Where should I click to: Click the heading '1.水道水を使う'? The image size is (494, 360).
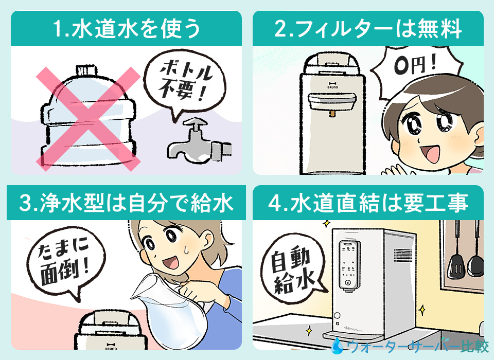(x=126, y=30)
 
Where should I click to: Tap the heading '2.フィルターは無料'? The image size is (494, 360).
(x=368, y=30)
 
